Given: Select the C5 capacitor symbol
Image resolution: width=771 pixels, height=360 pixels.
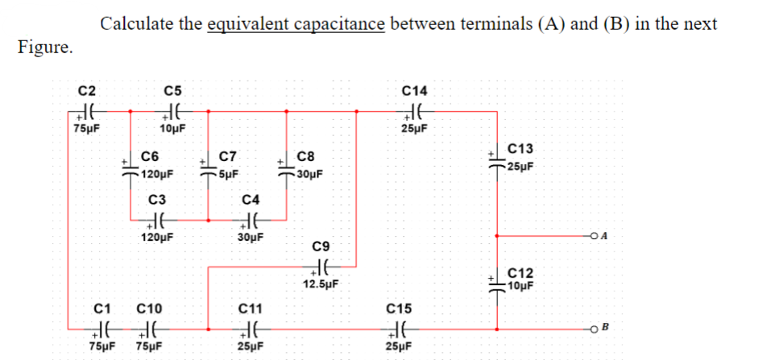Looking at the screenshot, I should point(173,112).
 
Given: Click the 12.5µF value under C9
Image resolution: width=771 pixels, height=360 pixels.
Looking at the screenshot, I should point(321,283).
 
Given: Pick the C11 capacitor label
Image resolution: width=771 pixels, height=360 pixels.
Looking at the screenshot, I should point(251,308).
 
